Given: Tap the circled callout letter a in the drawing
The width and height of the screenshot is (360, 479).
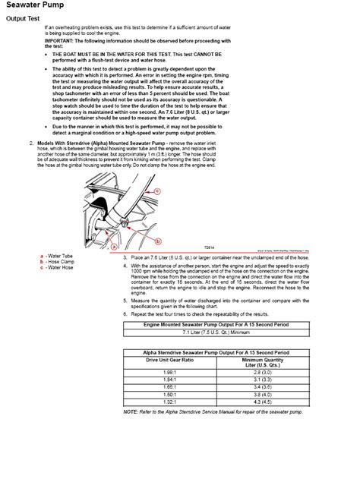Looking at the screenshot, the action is tap(113, 247).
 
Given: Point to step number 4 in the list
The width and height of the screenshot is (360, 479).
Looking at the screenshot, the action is tap(125, 266).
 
